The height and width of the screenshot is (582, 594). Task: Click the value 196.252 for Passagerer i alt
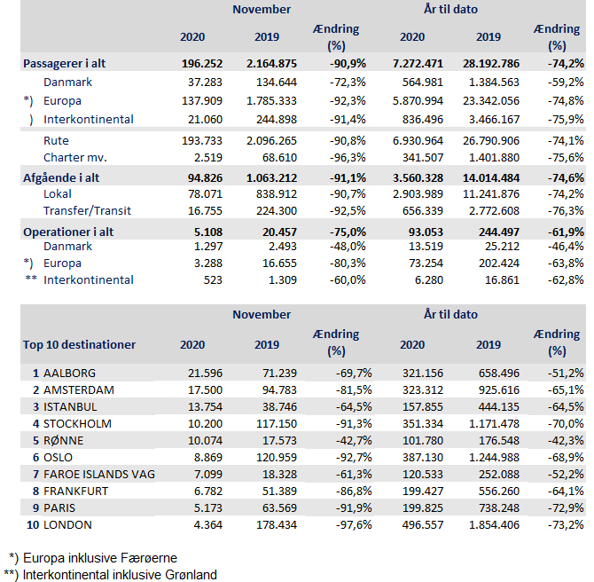click(x=201, y=64)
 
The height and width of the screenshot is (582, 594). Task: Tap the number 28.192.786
click(x=488, y=64)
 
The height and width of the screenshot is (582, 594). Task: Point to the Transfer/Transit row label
click(x=89, y=210)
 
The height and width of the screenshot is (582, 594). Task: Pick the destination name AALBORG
click(x=69, y=373)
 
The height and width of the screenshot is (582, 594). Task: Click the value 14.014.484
click(x=488, y=177)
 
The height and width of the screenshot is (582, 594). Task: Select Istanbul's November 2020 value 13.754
click(x=205, y=406)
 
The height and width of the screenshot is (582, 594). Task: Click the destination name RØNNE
click(x=61, y=440)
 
